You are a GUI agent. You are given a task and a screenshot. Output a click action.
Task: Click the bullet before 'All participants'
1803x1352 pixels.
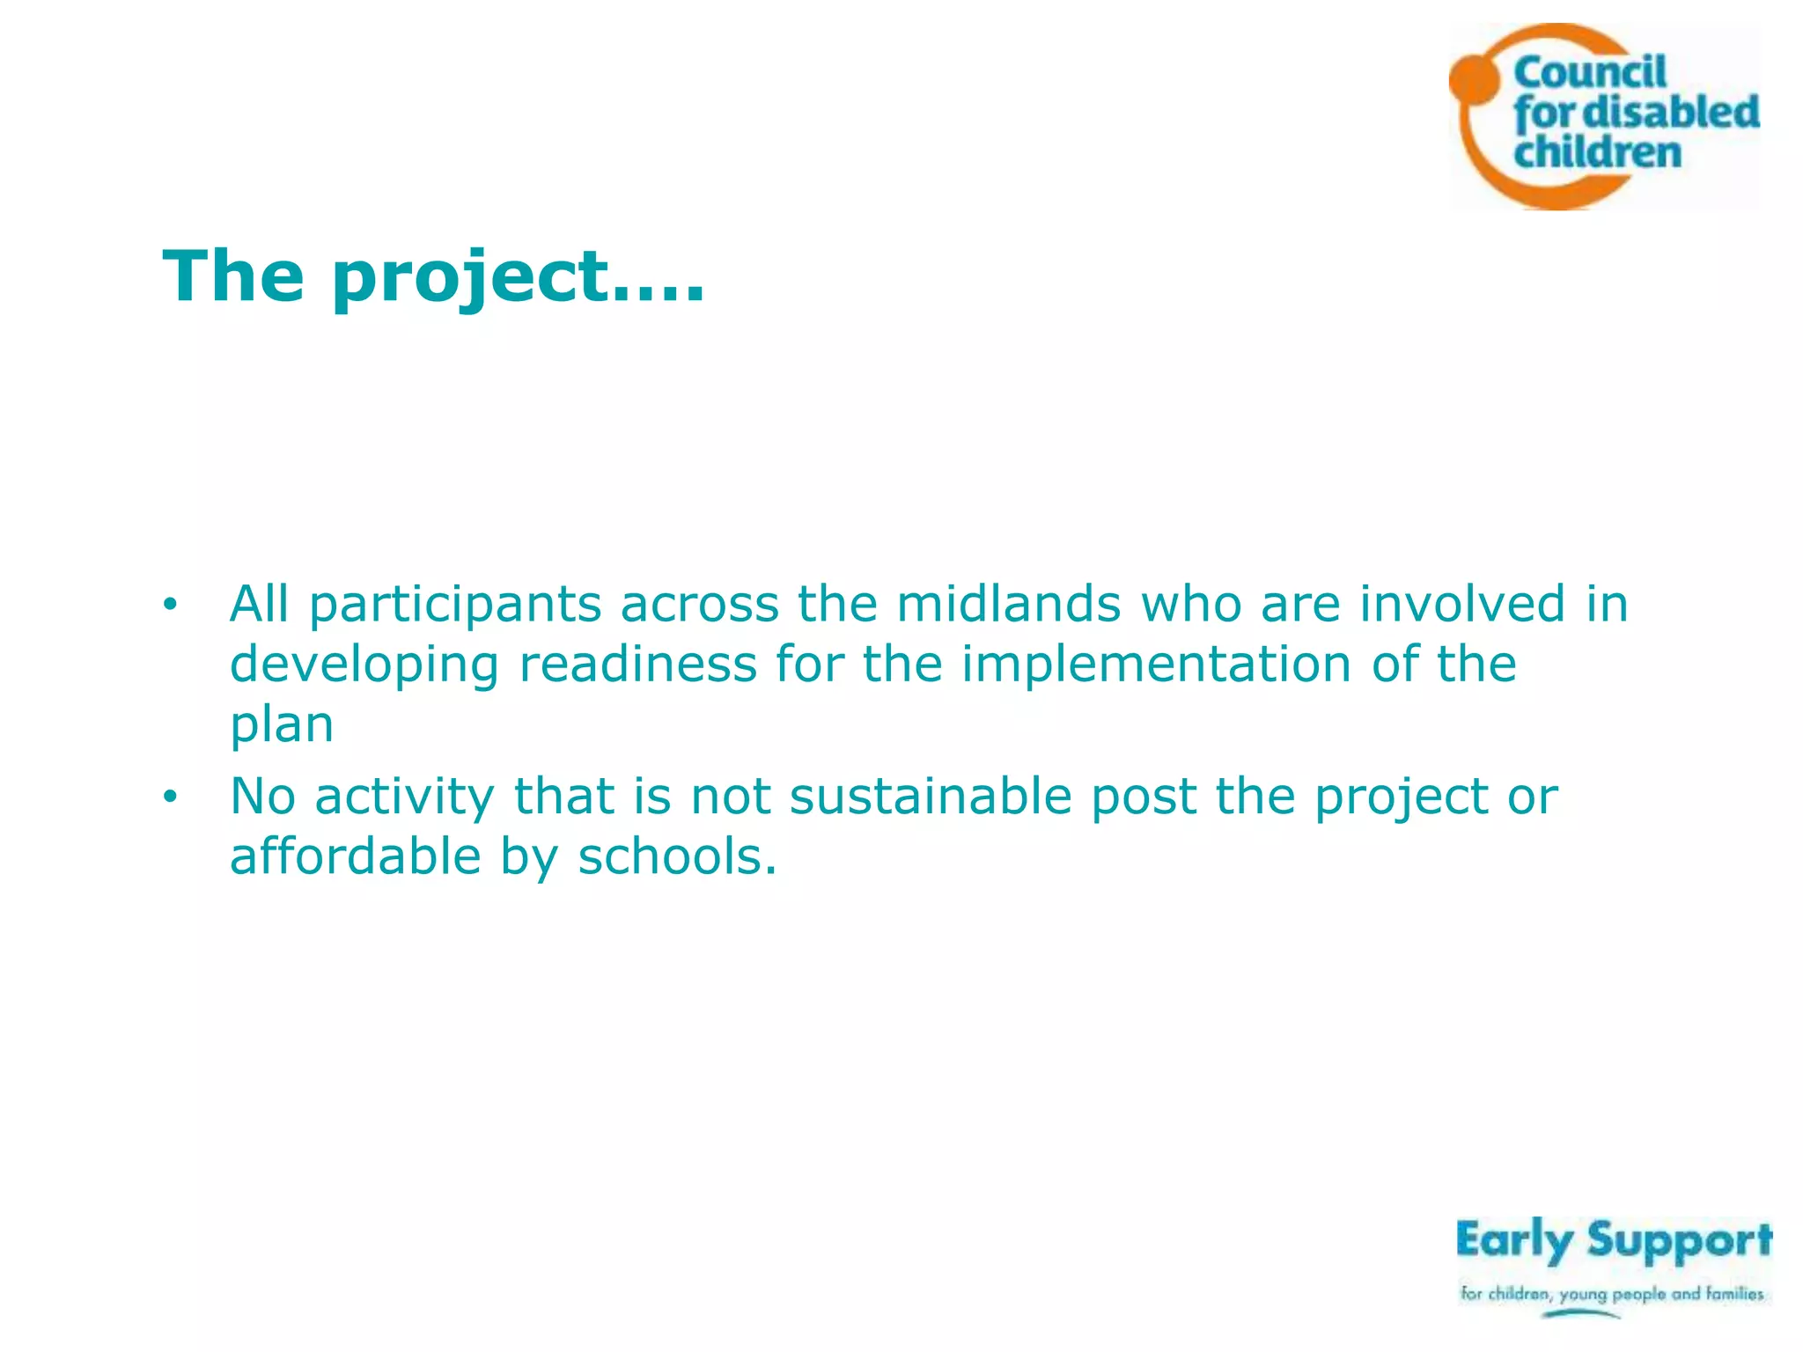click(170, 605)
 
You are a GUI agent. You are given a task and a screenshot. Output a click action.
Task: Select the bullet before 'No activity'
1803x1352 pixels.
click(170, 797)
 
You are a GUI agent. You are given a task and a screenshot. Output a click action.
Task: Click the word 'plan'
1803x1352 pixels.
click(282, 725)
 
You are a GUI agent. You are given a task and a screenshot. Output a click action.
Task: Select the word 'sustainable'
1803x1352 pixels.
click(931, 797)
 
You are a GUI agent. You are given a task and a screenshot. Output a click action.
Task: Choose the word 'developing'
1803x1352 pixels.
click(364, 666)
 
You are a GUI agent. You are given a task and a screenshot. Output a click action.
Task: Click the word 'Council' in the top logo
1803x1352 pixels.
click(1590, 72)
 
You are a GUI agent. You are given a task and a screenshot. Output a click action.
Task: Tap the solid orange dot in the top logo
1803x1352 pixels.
click(1473, 77)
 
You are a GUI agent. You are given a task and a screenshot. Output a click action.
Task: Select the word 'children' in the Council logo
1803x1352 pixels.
click(1597, 152)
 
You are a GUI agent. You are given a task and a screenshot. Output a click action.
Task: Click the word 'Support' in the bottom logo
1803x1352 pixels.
click(1680, 1241)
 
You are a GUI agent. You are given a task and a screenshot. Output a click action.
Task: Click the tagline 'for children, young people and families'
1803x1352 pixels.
click(1612, 1294)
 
